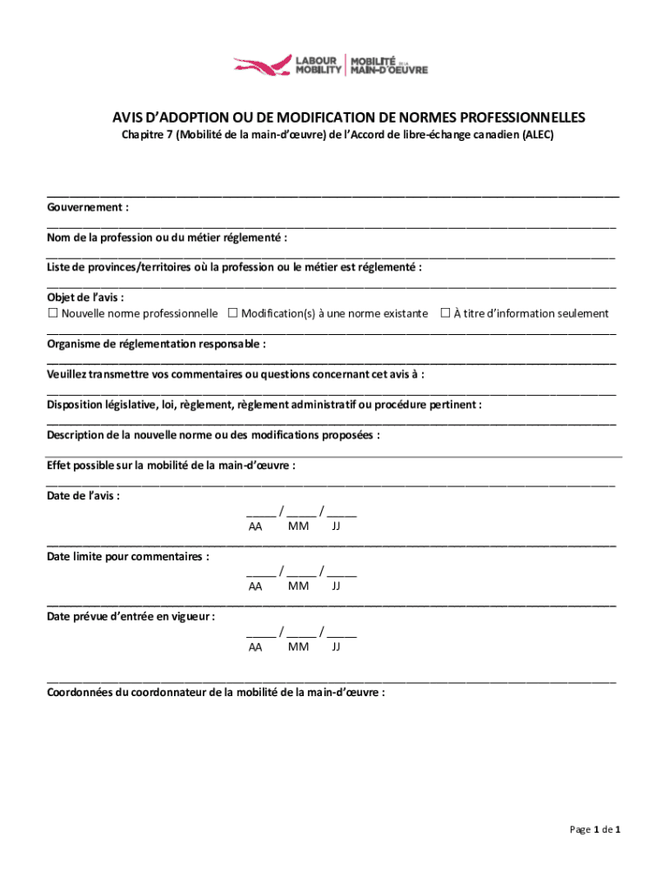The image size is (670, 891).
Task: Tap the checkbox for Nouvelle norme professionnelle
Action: click(52, 313)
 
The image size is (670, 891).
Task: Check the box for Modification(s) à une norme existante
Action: click(232, 313)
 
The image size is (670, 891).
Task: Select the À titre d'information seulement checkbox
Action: click(445, 313)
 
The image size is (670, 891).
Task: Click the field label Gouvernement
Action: click(88, 208)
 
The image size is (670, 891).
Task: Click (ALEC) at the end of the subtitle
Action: click(537, 136)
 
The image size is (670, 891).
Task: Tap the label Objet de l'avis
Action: click(85, 298)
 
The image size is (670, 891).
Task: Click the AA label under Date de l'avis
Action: click(255, 526)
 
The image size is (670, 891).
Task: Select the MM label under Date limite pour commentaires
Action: click(298, 586)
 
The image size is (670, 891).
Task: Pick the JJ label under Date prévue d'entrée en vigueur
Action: click(336, 646)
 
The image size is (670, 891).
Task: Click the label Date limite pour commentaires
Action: click(127, 556)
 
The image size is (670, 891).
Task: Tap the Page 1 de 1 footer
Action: click(594, 829)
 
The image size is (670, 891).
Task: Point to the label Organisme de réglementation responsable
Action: click(156, 344)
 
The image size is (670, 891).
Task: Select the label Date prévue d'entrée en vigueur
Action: click(131, 616)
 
